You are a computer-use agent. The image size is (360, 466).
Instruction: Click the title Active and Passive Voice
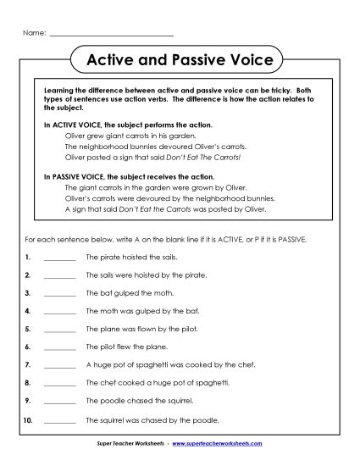coord(180,60)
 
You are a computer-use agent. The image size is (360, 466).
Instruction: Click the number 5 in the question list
coord(28,330)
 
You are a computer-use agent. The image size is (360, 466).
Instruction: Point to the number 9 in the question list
coord(28,402)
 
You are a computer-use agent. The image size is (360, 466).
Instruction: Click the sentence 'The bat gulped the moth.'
coord(126,293)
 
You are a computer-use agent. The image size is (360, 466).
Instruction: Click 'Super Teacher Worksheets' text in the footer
coord(132,443)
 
